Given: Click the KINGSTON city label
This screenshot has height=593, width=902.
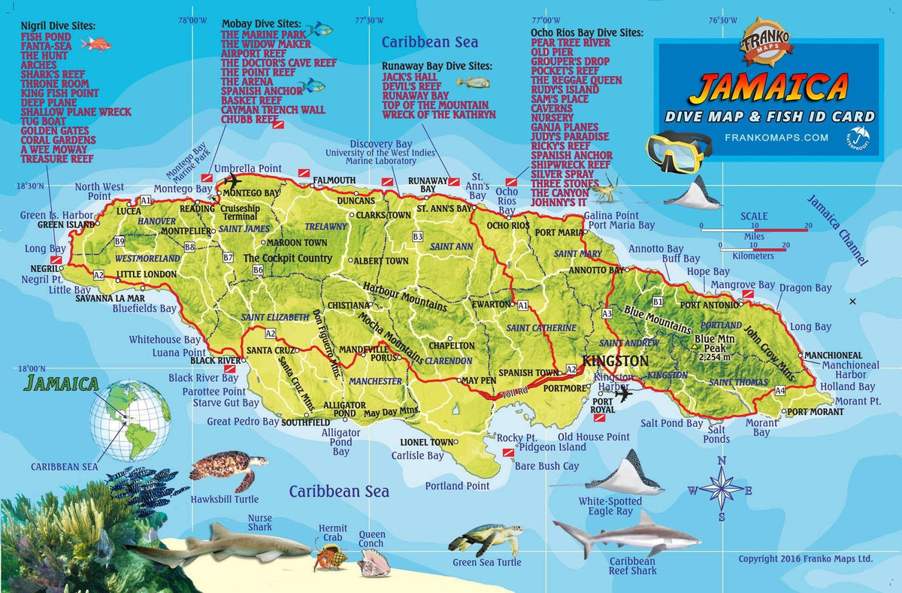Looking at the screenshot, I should coord(616,361).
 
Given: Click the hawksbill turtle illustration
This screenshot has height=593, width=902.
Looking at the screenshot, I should coord(227,468).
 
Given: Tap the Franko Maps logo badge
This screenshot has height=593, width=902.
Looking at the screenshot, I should coord(767,38).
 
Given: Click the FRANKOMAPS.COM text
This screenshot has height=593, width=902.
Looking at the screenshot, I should coord(776,138).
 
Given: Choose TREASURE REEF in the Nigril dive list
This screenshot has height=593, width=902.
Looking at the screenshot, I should coord(57,159).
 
